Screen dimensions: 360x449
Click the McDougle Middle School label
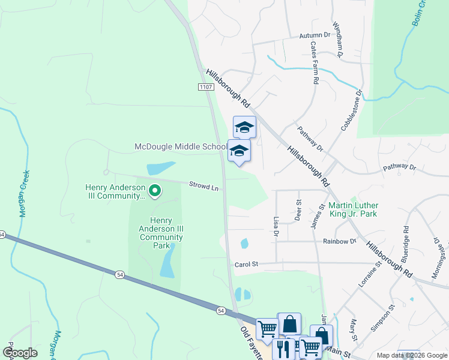tap(179, 147)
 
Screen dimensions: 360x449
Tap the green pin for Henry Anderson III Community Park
tap(154, 191)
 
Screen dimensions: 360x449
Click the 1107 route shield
tap(205, 88)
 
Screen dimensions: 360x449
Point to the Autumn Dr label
tap(315, 35)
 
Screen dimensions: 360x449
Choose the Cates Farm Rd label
tap(314, 62)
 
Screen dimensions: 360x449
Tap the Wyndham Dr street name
tap(336, 41)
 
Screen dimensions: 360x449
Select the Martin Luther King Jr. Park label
tap(353, 208)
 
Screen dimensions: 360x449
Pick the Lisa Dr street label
tap(276, 226)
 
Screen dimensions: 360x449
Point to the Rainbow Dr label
tap(339, 241)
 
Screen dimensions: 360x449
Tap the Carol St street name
tap(246, 263)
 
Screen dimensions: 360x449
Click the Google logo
tap(20, 353)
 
